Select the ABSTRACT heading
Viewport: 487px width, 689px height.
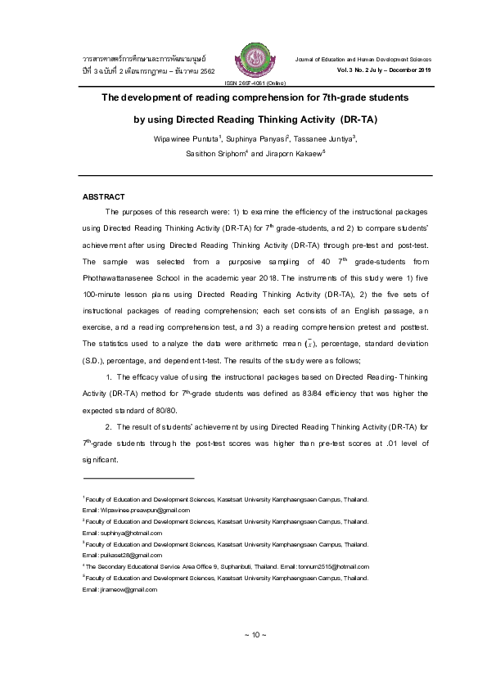coord(104,197)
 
